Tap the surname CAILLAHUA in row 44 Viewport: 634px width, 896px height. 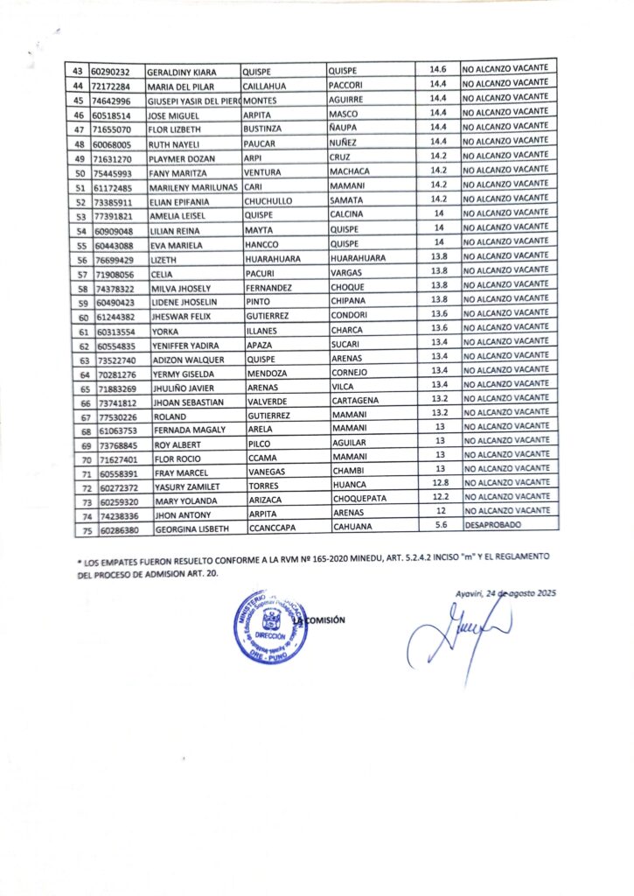(x=269, y=85)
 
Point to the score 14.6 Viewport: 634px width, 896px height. (x=439, y=68)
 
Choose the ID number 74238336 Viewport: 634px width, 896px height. (x=114, y=515)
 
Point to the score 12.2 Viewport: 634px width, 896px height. (x=440, y=497)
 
